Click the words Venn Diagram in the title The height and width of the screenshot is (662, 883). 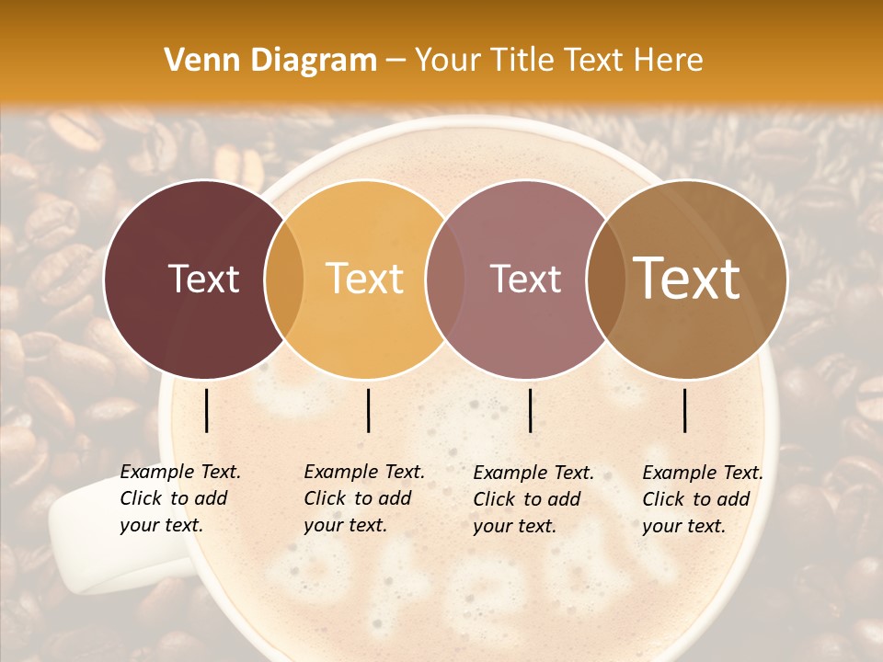click(x=270, y=61)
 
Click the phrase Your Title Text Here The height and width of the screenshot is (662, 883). click(x=558, y=61)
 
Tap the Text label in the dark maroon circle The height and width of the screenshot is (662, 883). click(x=203, y=280)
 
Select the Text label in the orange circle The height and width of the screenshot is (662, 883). click(x=365, y=280)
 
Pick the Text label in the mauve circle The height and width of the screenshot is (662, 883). click(x=526, y=280)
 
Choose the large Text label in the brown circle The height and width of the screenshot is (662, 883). click(x=687, y=278)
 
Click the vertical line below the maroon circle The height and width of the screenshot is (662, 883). click(x=206, y=411)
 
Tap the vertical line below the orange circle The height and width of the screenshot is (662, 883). click(x=368, y=411)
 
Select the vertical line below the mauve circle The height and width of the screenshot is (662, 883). click(x=530, y=411)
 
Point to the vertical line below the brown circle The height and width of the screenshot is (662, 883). click(x=685, y=411)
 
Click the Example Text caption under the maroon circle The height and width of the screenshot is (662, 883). click(x=180, y=472)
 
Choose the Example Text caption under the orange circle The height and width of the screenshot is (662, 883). click(x=364, y=472)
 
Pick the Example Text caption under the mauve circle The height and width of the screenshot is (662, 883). click(x=533, y=473)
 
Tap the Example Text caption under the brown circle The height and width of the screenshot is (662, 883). click(x=703, y=473)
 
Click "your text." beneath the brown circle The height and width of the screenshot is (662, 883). click(x=683, y=526)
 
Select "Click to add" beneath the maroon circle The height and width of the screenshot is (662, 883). click(x=174, y=498)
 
